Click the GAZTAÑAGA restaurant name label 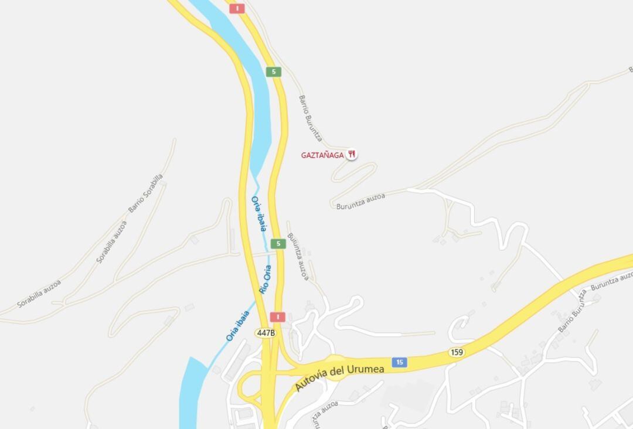click(322, 155)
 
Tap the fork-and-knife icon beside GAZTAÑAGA click(352, 154)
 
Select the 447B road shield click(266, 333)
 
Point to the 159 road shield click(457, 352)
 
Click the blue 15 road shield click(399, 362)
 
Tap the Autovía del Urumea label click(339, 376)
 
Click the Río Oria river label click(265, 279)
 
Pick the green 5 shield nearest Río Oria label click(278, 244)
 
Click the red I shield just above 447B click(277, 317)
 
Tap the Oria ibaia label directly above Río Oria click(259, 213)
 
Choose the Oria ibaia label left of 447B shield click(237, 326)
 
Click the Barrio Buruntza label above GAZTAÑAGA click(310, 118)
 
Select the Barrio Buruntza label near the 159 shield click(572, 311)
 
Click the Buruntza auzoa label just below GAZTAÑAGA click(361, 202)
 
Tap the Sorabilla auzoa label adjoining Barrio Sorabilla click(111, 241)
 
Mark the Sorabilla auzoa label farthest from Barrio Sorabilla click(39, 294)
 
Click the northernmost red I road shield click(237, 8)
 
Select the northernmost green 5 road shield click(273, 72)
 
